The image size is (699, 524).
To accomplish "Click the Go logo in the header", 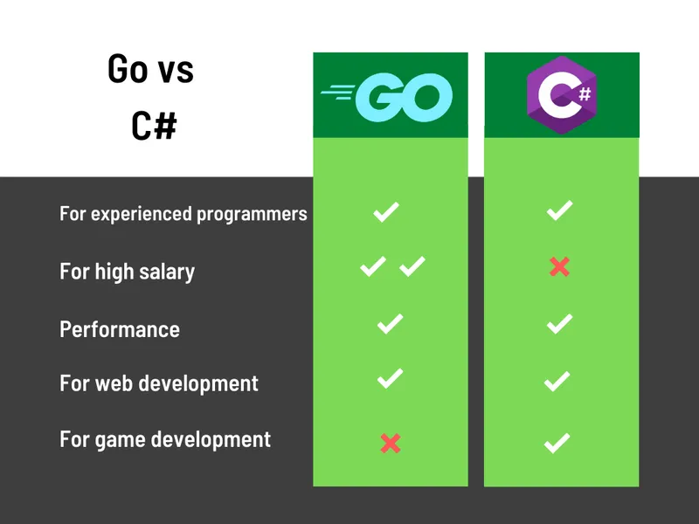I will [x=387, y=96].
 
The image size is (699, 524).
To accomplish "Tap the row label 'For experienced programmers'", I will [x=183, y=213].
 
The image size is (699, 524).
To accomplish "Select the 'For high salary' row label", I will [x=127, y=272].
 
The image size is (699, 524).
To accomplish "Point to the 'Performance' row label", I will [x=120, y=329].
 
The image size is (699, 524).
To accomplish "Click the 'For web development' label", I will [x=159, y=383].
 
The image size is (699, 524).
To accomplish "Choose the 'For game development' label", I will [x=165, y=438].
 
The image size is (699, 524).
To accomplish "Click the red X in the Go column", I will [x=391, y=444].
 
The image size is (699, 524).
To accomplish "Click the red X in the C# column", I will [x=559, y=267].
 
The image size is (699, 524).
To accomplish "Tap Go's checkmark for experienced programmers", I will [x=386, y=211].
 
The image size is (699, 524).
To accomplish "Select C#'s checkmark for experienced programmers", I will [x=559, y=210].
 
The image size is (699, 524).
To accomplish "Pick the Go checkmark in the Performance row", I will [x=390, y=324].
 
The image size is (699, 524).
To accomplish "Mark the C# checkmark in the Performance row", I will [x=559, y=324].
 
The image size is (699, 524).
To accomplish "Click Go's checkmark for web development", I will [x=390, y=378].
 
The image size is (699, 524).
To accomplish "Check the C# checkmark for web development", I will [x=557, y=381].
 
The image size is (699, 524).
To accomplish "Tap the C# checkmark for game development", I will [x=557, y=443].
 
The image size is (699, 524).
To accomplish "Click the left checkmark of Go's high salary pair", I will [x=373, y=266].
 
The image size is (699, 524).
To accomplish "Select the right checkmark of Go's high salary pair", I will [x=412, y=266].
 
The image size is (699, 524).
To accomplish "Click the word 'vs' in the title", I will [x=175, y=70].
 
